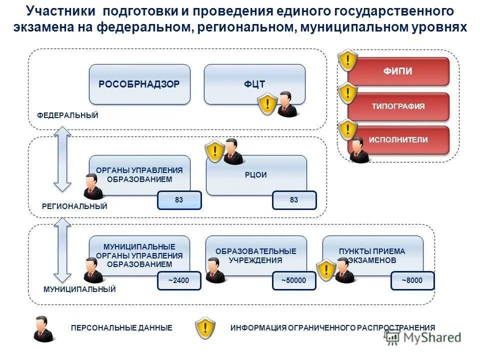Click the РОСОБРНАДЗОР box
click(139, 84)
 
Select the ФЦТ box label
click(254, 84)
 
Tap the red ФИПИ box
click(398, 71)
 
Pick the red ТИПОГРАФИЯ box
click(398, 106)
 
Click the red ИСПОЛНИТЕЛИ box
click(398, 140)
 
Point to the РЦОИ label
click(256, 175)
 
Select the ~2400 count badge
click(179, 281)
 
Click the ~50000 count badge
click(294, 281)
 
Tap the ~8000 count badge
click(412, 281)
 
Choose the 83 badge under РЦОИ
click(294, 200)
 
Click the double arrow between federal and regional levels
click(63, 159)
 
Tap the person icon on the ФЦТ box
click(287, 104)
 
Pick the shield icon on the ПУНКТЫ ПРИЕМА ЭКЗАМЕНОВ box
click(326, 270)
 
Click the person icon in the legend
click(43, 328)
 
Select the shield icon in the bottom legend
click(205, 328)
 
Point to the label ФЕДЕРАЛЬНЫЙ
click(68, 115)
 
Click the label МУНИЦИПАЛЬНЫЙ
click(80, 289)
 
